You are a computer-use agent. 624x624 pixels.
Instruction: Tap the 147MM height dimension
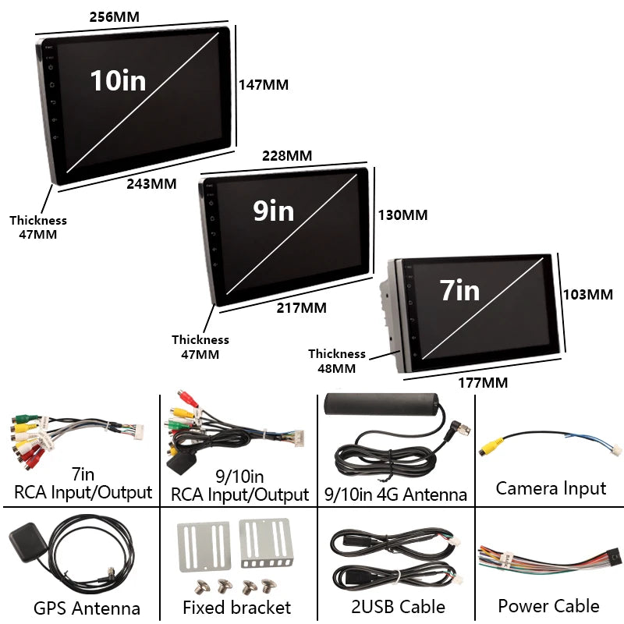(x=263, y=85)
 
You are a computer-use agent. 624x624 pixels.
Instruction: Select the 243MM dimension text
(x=151, y=184)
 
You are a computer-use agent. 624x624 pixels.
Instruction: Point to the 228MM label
(x=286, y=155)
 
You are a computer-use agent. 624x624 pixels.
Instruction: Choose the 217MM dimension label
(x=301, y=308)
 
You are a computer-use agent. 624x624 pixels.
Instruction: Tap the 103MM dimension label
(x=589, y=294)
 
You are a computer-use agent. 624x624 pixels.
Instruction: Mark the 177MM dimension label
(x=482, y=382)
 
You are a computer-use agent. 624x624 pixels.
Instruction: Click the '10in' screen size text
(x=118, y=80)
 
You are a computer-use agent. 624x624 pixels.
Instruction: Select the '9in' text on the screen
(x=273, y=211)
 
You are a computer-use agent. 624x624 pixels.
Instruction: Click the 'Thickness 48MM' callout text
(x=337, y=361)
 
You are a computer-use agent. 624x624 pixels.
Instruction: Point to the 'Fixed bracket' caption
(x=237, y=608)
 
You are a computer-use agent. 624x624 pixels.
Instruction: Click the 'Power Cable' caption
(x=549, y=606)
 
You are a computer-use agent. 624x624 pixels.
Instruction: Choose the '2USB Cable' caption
(x=398, y=606)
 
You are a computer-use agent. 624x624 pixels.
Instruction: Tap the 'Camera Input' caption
(x=551, y=489)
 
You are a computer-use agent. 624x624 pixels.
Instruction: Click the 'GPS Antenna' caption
(x=87, y=608)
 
